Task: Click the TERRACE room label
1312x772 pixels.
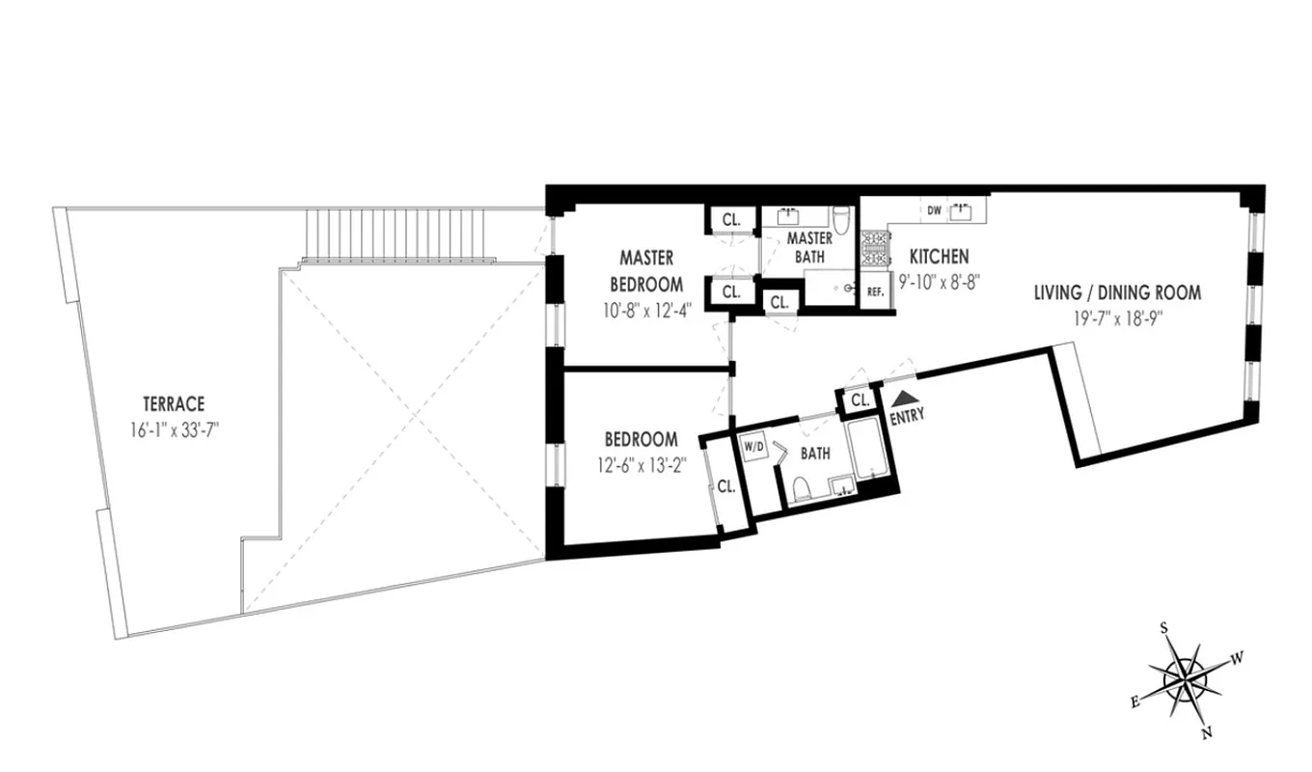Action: [x=174, y=405]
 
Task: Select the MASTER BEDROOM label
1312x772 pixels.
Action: [x=645, y=271]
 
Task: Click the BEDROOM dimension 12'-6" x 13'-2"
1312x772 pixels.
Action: [x=640, y=464]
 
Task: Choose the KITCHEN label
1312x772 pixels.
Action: [x=939, y=257]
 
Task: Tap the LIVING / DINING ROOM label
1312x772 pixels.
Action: [x=1117, y=292]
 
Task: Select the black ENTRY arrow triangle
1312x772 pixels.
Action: [x=904, y=397]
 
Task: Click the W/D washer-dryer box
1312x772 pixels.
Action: [x=753, y=448]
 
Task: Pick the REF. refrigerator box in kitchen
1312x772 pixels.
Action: [x=876, y=291]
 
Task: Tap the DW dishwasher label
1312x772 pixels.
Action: [x=933, y=209]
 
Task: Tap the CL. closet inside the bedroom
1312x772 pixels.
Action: [x=725, y=487]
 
